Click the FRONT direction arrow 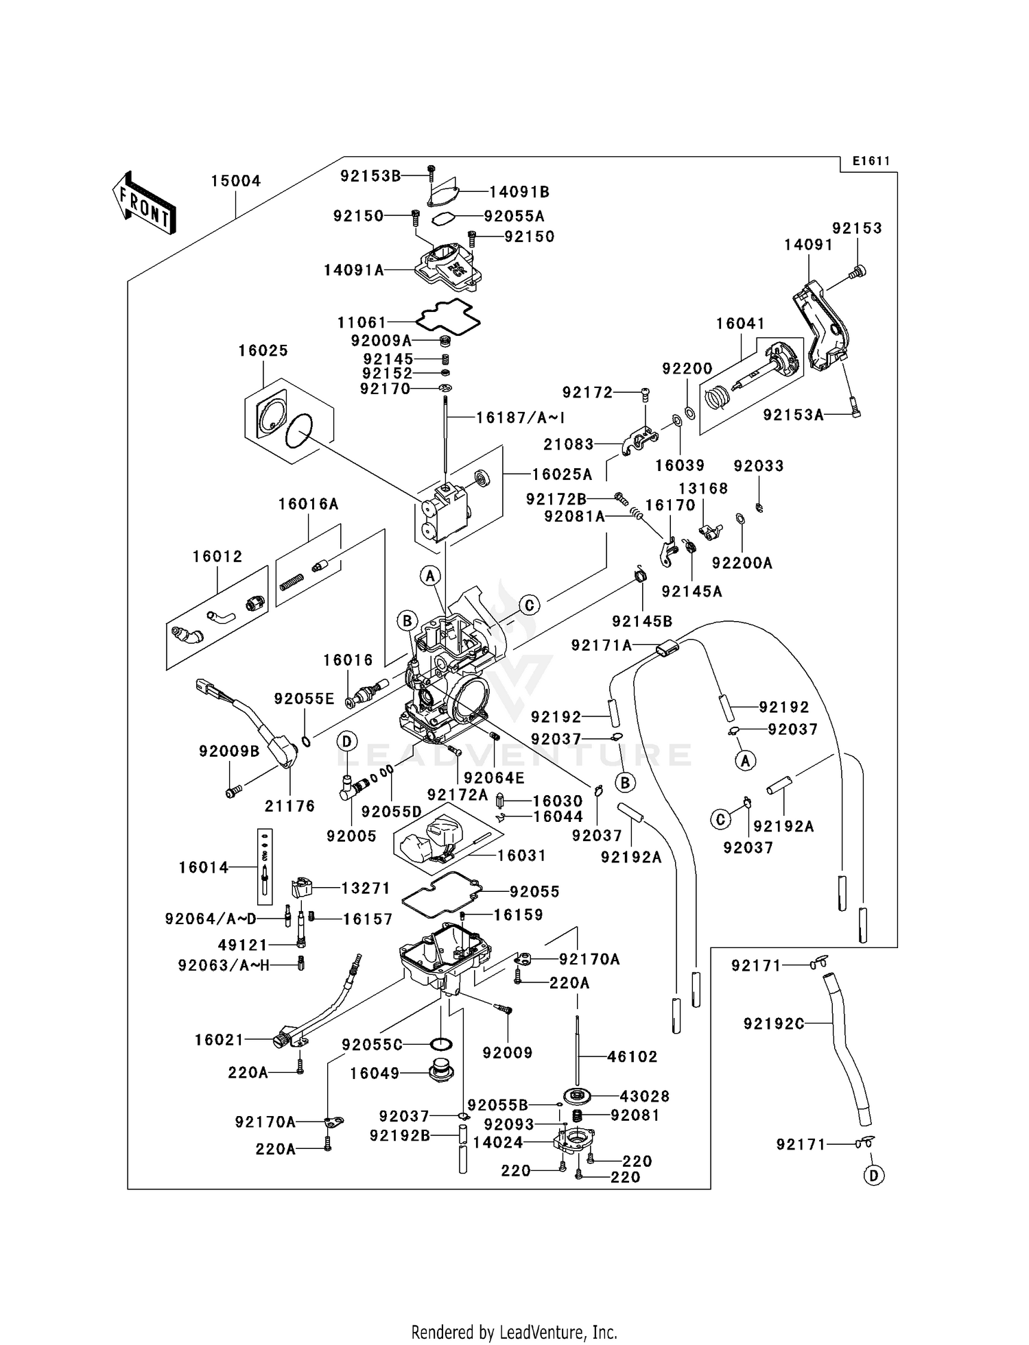tap(144, 204)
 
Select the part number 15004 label tap(235, 181)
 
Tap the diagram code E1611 tap(871, 161)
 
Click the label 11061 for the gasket tap(362, 322)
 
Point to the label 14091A tap(353, 270)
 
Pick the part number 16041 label tap(740, 323)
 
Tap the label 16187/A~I tap(520, 417)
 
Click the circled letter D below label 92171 tap(873, 1176)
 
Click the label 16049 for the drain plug tap(375, 1073)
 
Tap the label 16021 tap(219, 1040)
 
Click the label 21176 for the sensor tap(289, 806)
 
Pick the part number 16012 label tap(217, 557)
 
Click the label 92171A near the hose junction tap(601, 645)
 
